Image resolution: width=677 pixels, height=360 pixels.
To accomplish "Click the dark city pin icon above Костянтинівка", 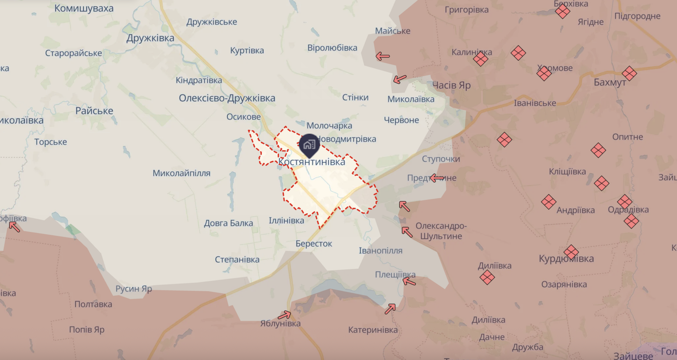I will pos(309,145).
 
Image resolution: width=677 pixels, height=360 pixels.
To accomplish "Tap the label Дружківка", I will pos(150,38).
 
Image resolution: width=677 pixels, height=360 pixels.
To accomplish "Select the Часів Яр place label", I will pos(451,85).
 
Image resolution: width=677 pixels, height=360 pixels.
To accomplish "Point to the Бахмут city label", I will pos(610,83).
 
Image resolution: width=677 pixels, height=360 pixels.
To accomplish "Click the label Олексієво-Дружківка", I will pos(227,98).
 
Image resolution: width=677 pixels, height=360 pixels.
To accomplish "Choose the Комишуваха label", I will pos(84,8).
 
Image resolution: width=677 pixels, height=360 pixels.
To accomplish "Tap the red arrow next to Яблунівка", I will pos(284,315).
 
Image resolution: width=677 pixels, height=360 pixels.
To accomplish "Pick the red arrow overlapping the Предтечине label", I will pos(437,177).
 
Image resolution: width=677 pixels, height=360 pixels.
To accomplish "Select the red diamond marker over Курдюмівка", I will pos(571,252).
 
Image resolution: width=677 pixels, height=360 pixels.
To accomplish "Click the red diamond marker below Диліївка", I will pos(487,277).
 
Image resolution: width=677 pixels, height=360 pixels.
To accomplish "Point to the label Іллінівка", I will pos(286,221).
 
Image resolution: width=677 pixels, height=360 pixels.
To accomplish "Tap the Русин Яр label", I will pos(133,289).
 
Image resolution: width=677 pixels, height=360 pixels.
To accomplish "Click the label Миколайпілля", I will pos(181,173).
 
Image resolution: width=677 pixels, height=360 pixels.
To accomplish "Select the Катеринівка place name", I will pos(373,330).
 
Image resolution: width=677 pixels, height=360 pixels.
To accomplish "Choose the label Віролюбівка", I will pos(332,48).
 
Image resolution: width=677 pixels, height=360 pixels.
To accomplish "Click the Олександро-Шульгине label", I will pos(441,231).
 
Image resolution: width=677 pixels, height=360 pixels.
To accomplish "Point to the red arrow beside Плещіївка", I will pos(409,281).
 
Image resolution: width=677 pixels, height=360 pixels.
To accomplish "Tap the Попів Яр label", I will pos(87,330).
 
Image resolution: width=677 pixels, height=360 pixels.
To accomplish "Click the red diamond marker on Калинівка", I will pos(480,59).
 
